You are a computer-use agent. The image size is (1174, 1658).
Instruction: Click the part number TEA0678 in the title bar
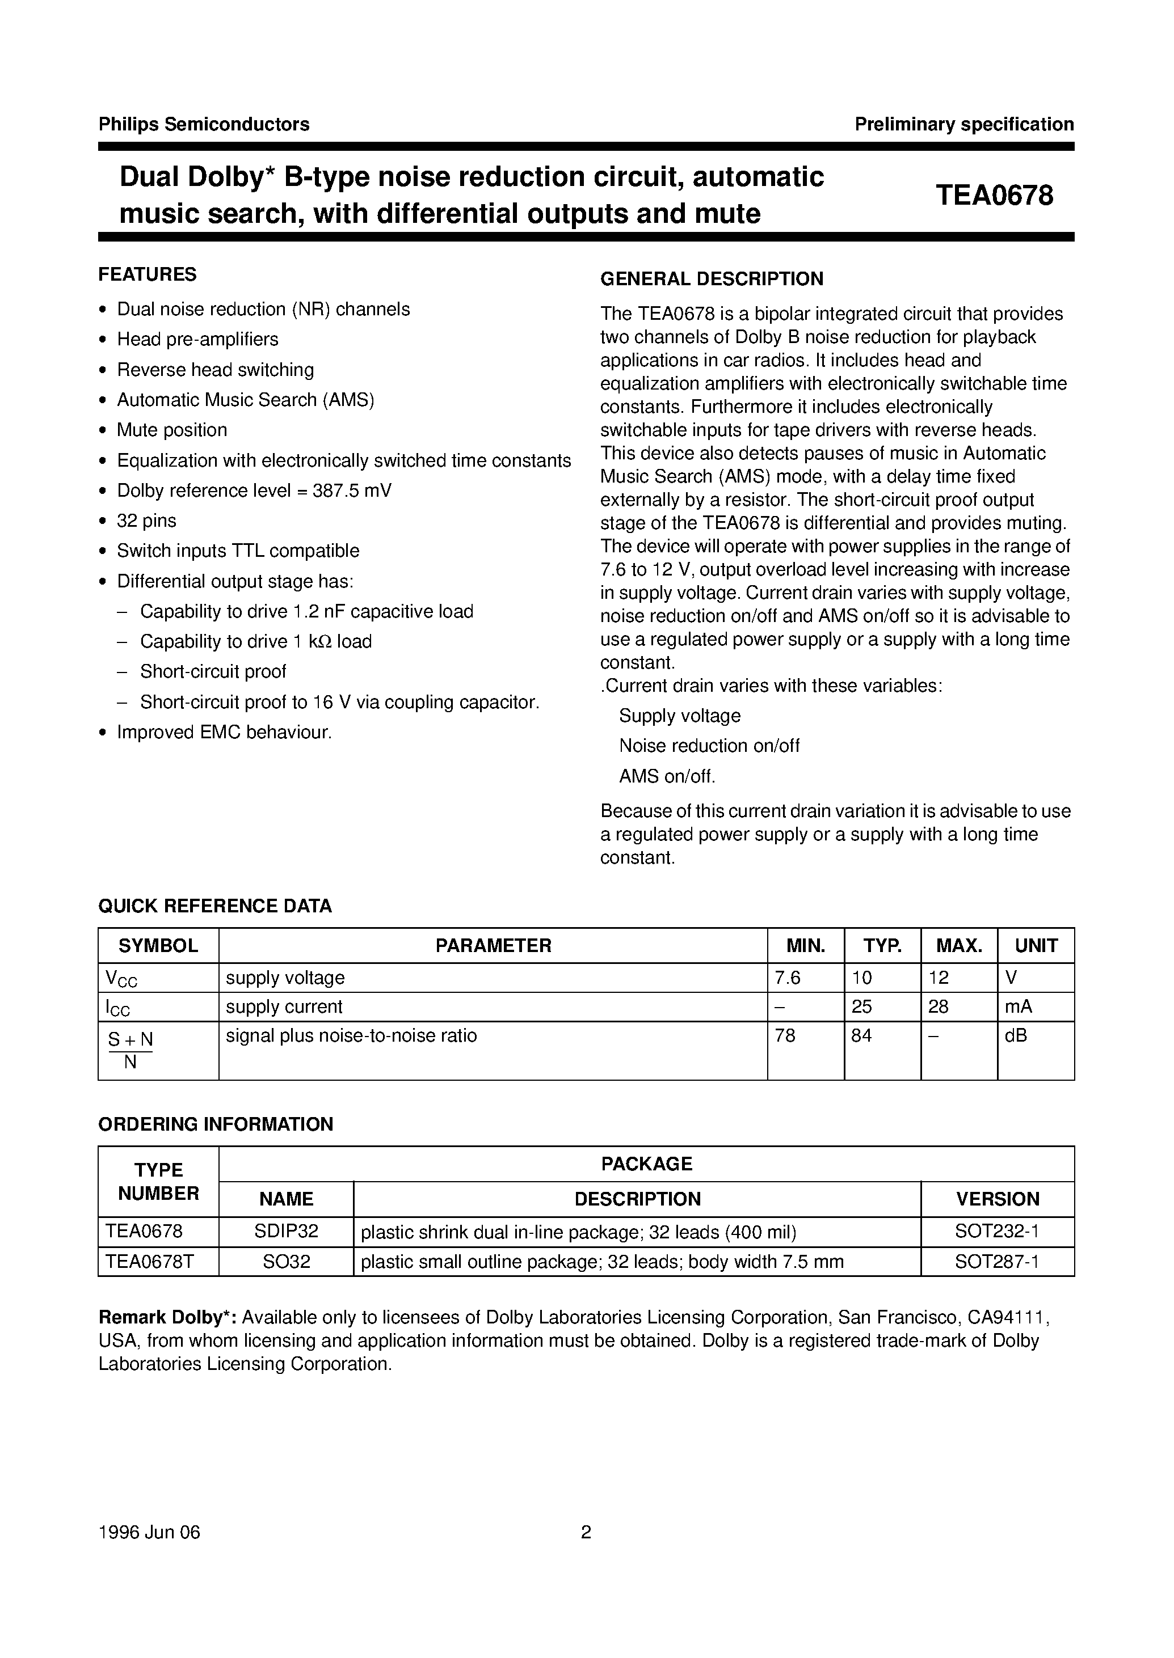click(995, 196)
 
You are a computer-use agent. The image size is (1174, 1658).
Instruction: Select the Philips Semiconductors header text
click(204, 124)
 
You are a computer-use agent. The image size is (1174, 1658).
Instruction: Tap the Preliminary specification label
click(963, 124)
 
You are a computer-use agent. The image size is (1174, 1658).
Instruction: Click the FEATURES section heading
click(148, 274)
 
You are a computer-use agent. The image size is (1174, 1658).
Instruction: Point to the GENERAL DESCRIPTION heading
click(712, 279)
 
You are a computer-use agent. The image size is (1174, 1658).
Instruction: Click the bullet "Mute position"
click(171, 430)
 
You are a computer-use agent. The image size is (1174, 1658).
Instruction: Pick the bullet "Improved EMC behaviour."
click(224, 733)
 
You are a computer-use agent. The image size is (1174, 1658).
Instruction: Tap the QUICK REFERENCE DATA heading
click(214, 906)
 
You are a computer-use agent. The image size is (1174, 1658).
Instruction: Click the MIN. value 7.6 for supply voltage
click(787, 978)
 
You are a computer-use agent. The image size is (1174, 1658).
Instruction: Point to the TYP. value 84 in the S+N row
click(862, 1036)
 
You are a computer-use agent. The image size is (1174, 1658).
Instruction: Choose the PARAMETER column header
click(493, 946)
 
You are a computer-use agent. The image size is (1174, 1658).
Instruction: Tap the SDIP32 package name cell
click(287, 1231)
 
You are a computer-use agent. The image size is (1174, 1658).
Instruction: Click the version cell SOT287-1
click(997, 1262)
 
